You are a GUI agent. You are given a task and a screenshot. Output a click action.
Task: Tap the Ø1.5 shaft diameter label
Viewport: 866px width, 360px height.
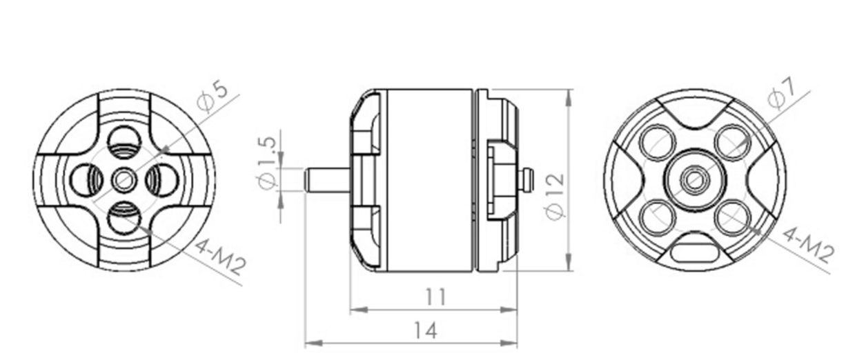268,162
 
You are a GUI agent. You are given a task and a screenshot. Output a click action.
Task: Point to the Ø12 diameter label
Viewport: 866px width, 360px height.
555,197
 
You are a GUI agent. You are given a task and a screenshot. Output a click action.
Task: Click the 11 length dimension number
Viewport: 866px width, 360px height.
435,297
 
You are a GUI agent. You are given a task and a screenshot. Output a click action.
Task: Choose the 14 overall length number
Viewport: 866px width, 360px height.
425,331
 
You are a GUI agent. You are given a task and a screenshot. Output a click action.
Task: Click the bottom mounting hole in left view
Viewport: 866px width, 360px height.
124,219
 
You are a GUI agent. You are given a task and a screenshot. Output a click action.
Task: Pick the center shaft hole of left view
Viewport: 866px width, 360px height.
124,181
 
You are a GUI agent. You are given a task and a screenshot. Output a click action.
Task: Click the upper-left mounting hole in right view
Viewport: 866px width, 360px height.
656,142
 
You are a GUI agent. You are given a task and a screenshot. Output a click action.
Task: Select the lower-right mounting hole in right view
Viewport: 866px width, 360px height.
731,219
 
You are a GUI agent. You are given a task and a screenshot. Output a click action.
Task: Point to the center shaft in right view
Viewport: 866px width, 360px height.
693,180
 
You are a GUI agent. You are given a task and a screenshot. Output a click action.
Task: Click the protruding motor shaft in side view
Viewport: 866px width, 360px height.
327,181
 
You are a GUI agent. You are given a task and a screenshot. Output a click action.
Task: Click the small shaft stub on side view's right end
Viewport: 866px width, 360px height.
528,181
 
